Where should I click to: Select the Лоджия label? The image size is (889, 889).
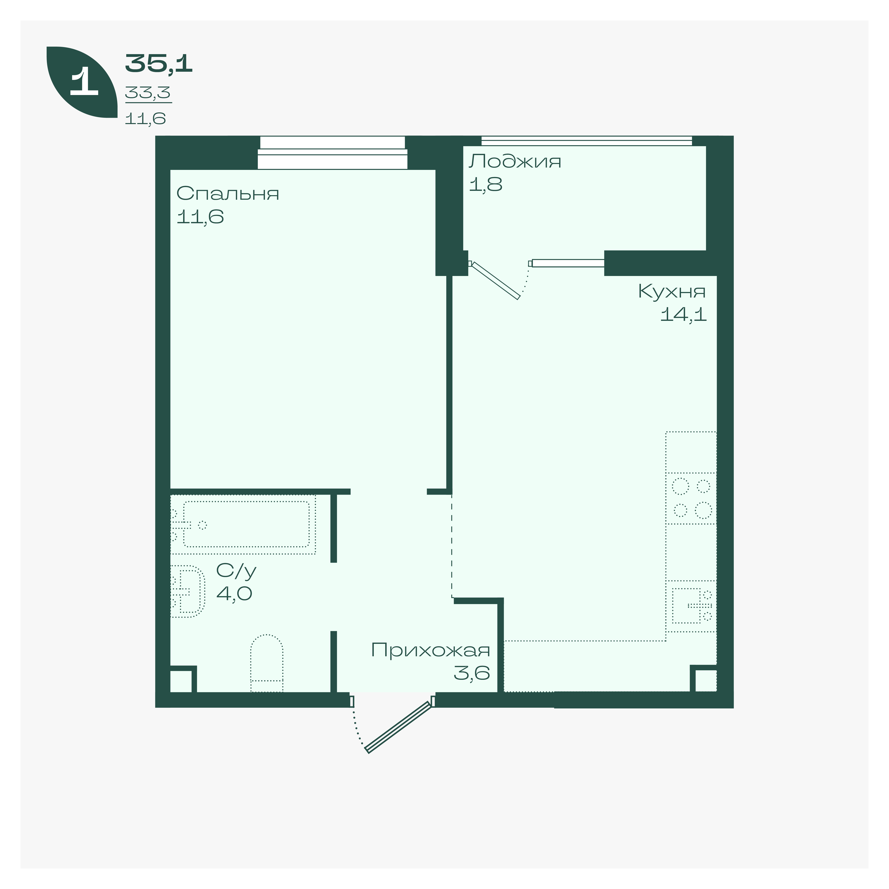pyautogui.click(x=515, y=162)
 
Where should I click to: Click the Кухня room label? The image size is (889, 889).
pyautogui.click(x=672, y=291)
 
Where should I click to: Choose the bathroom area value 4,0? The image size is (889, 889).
pyautogui.click(x=234, y=594)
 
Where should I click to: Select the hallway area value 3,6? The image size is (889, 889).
pyautogui.click(x=472, y=673)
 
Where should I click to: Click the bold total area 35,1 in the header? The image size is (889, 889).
pyautogui.click(x=159, y=63)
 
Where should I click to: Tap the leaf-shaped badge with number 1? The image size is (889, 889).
pyautogui.click(x=82, y=82)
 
